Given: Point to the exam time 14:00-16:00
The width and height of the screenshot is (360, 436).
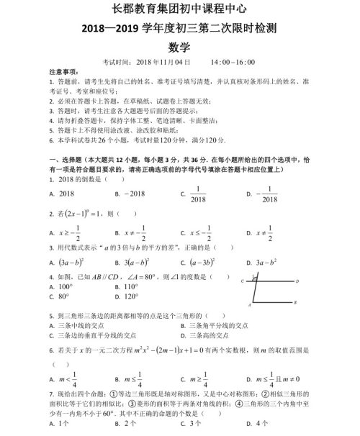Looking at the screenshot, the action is coord(234,63).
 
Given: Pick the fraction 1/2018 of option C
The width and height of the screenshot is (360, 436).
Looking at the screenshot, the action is coord(197,194).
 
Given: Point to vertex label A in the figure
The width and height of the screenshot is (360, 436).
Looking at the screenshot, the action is coord(247,304).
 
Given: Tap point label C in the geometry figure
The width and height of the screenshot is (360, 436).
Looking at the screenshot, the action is coord(243,282).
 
